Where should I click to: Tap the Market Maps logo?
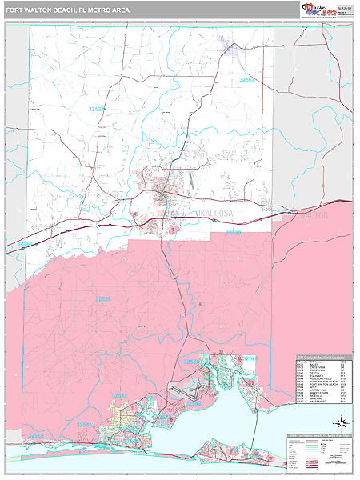tap(318, 10)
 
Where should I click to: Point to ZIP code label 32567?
tap(248, 80)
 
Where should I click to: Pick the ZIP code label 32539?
tap(233, 233)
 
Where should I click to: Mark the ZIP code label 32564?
tap(26, 243)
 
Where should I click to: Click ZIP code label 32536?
tap(104, 298)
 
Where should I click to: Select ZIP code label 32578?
tap(250, 358)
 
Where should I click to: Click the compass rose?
tap(341, 422)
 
